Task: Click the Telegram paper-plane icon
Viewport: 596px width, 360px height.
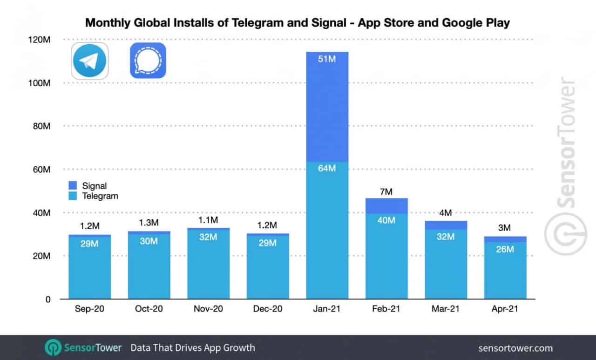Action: click(89, 61)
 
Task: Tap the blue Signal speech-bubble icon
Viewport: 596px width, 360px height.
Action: click(148, 61)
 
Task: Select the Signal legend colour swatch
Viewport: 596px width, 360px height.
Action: click(74, 186)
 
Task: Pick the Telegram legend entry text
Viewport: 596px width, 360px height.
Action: click(100, 196)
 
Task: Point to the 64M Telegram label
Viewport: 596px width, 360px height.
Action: click(327, 168)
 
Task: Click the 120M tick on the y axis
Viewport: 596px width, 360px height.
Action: click(41, 40)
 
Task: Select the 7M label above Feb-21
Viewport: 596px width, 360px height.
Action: click(386, 192)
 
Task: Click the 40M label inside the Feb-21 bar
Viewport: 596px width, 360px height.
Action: click(386, 220)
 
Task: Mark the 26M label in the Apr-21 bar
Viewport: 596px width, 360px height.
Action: click(505, 249)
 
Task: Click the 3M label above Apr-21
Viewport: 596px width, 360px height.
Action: click(505, 228)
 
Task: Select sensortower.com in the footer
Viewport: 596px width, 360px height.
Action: click(515, 348)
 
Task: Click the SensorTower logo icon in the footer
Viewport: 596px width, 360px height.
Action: click(53, 348)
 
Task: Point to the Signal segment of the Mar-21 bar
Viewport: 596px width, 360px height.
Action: click(446, 225)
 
